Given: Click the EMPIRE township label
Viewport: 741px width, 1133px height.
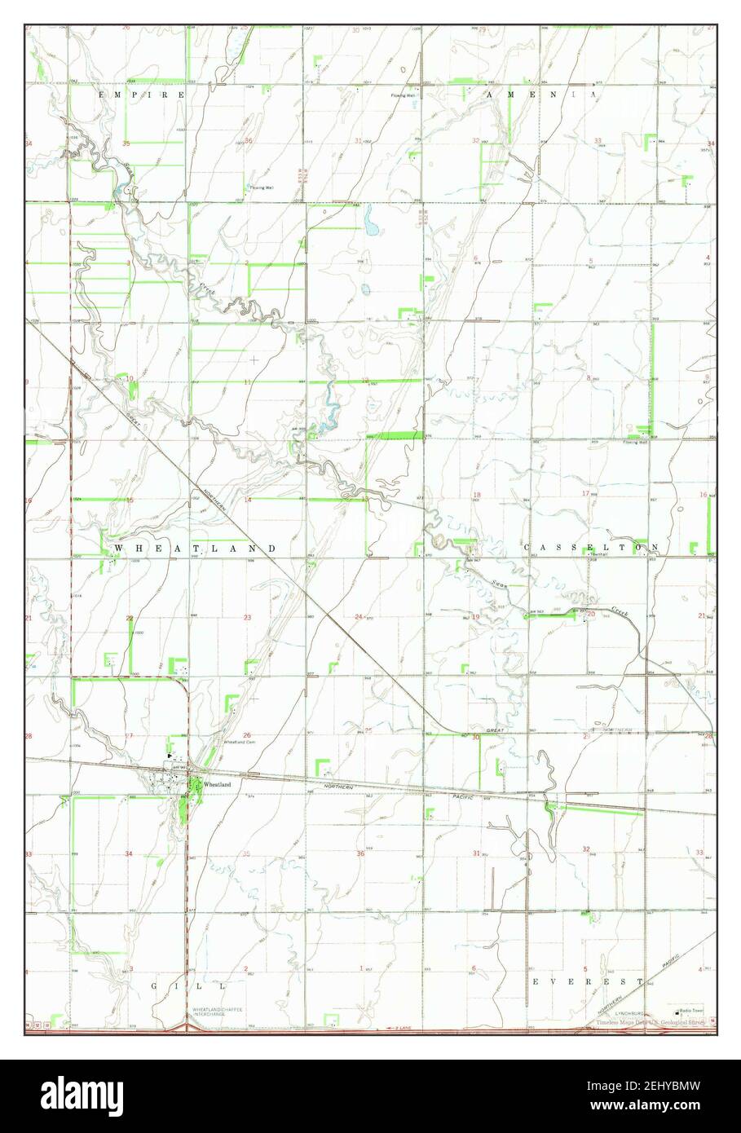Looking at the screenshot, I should [x=141, y=95].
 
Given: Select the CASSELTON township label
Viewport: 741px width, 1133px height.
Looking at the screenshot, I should [x=591, y=547].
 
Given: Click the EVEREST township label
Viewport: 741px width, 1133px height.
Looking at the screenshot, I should [x=587, y=982].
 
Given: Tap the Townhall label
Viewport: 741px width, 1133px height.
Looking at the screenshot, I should [x=600, y=553].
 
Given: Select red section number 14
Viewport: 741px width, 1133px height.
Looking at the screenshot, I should [x=248, y=499].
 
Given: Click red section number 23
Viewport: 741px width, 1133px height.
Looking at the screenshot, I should [x=247, y=617].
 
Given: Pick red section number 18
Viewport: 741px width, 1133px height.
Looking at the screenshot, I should [x=477, y=495].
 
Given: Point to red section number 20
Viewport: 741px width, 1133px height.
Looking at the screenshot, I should [x=591, y=614].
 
